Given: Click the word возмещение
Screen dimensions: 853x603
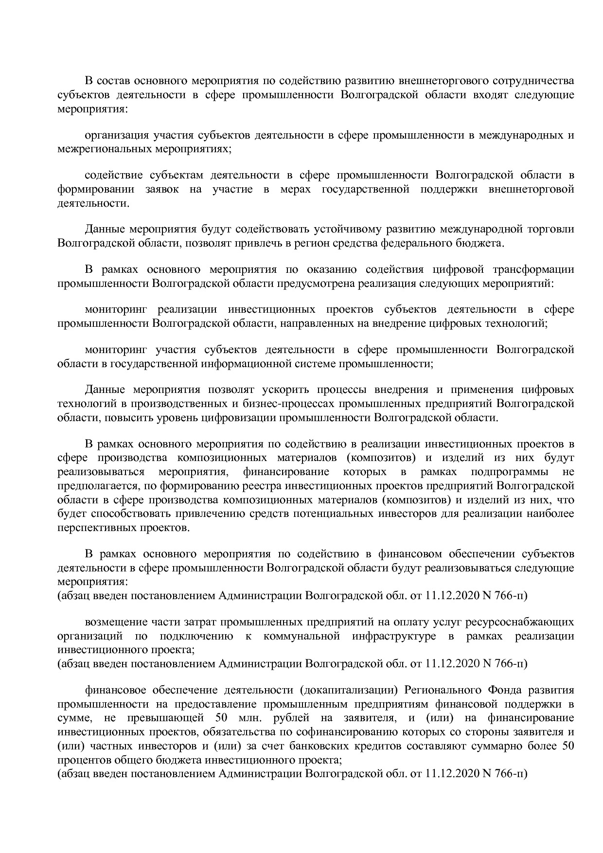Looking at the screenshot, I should pos(115,622).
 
